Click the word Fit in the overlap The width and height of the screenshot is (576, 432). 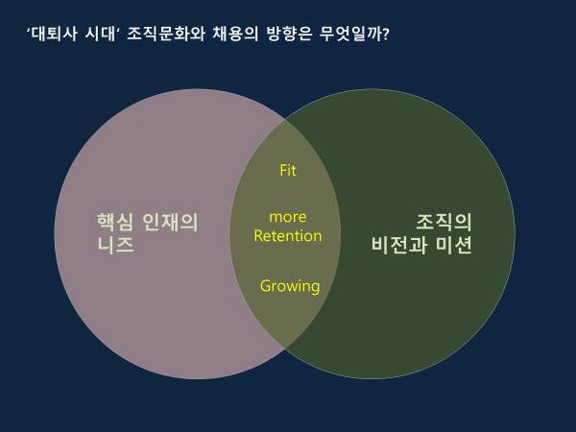[x=288, y=170]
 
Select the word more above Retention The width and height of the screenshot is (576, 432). [x=288, y=217]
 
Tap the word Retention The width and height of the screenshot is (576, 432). [x=288, y=236]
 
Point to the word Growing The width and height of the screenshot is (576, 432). [x=290, y=286]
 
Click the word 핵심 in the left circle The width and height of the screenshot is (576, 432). [x=114, y=222]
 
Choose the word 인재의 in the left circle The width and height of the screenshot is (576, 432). [x=170, y=222]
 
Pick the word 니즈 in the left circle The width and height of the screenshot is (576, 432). [x=115, y=244]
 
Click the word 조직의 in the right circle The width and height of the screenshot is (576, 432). [x=444, y=222]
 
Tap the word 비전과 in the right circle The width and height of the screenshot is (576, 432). [x=399, y=244]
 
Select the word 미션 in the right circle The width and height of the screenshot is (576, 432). [x=454, y=244]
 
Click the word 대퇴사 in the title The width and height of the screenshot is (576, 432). [x=54, y=35]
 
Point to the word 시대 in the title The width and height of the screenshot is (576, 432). [x=100, y=35]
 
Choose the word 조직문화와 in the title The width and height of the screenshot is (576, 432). [x=166, y=35]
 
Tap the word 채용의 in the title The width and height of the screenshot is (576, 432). [x=235, y=35]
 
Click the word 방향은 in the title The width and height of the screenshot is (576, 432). [x=289, y=35]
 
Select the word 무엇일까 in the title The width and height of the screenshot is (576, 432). [x=350, y=35]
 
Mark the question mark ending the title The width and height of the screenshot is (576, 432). [x=385, y=35]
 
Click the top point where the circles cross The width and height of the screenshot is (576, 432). [x=285, y=120]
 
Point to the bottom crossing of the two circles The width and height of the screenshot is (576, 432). [x=285, y=348]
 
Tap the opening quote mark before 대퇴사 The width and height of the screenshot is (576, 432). [x=28, y=31]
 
